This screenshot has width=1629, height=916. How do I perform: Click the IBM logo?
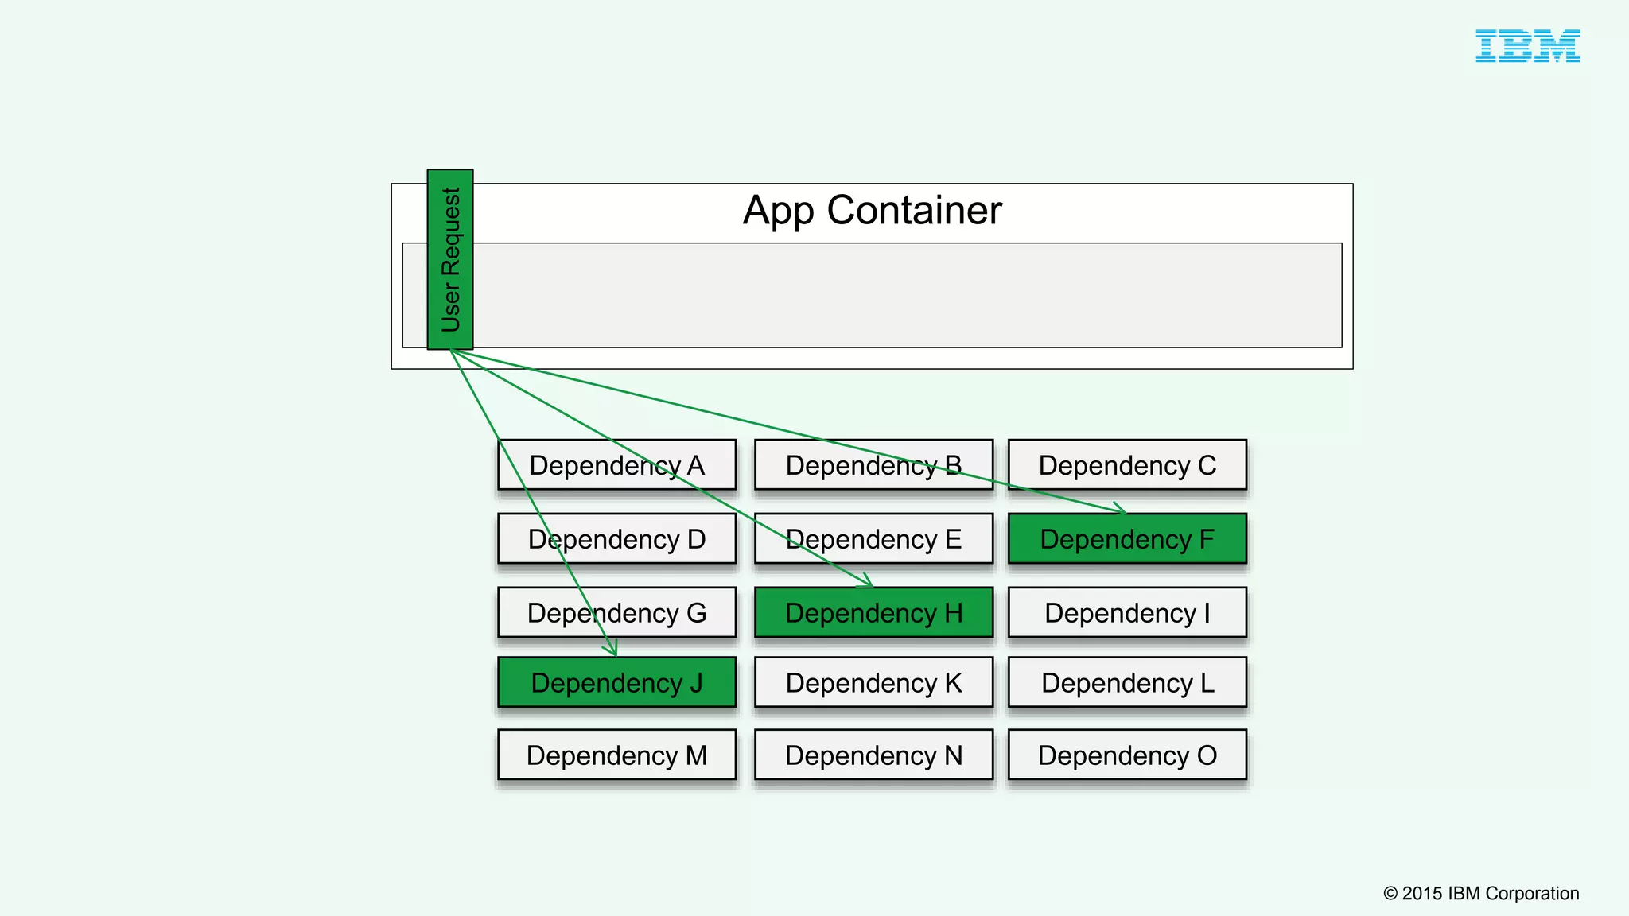(1527, 46)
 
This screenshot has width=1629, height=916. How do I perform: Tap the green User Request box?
(450, 259)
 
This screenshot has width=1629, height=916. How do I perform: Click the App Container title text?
(872, 211)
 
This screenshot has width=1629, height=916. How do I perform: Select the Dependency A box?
(616, 465)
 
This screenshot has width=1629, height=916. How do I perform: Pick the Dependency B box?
(873, 465)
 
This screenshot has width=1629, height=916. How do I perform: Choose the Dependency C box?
(1127, 465)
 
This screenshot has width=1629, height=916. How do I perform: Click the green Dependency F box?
(1127, 539)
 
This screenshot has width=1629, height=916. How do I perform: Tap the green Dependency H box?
(873, 613)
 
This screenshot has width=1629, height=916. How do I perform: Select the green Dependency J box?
(616, 683)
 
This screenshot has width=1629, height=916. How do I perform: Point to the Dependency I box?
(1127, 613)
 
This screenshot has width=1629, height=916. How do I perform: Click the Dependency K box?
(873, 683)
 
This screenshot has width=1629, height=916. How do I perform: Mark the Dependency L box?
(1127, 683)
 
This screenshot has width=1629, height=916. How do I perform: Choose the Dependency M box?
(616, 755)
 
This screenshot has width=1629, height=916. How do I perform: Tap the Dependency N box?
(873, 755)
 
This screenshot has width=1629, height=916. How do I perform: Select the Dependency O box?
(1127, 755)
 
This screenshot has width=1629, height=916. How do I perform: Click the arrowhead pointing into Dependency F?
(1122, 510)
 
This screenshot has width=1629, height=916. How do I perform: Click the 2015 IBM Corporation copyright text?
(1481, 893)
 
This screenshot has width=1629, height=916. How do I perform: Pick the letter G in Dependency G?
(696, 613)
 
